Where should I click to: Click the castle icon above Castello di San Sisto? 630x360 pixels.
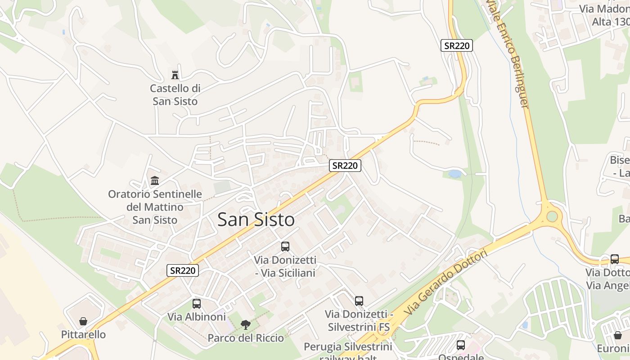tap(175, 75)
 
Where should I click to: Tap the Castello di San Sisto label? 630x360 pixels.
tap(175, 95)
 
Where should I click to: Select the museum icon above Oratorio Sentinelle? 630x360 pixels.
tap(155, 180)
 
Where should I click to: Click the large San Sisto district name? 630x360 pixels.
tap(256, 220)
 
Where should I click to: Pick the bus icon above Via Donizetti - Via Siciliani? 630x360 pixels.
tap(285, 246)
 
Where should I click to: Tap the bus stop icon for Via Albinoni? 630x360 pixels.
tap(197, 303)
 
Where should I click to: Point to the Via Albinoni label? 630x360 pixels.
tap(197, 317)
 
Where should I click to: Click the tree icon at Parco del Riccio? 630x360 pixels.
tap(245, 324)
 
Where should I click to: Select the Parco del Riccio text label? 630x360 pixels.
tap(246, 338)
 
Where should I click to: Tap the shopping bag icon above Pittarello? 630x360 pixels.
tap(83, 321)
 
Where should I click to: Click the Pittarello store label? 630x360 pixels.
tap(84, 335)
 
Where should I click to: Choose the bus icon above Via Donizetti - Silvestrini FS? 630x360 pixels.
tap(359, 301)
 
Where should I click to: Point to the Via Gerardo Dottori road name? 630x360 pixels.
tap(445, 283)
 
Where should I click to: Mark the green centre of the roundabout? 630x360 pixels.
tap(552, 216)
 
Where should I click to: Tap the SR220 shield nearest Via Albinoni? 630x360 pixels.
tap(182, 270)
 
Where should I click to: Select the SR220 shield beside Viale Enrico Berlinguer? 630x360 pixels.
tap(456, 45)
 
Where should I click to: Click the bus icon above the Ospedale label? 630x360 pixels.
tap(461, 345)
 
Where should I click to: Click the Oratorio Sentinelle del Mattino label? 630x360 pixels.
tap(155, 207)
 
